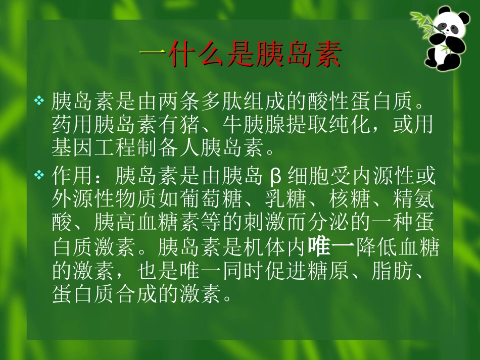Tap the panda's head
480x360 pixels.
pos(447,22)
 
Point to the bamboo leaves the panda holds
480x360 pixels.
pos(422,20)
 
